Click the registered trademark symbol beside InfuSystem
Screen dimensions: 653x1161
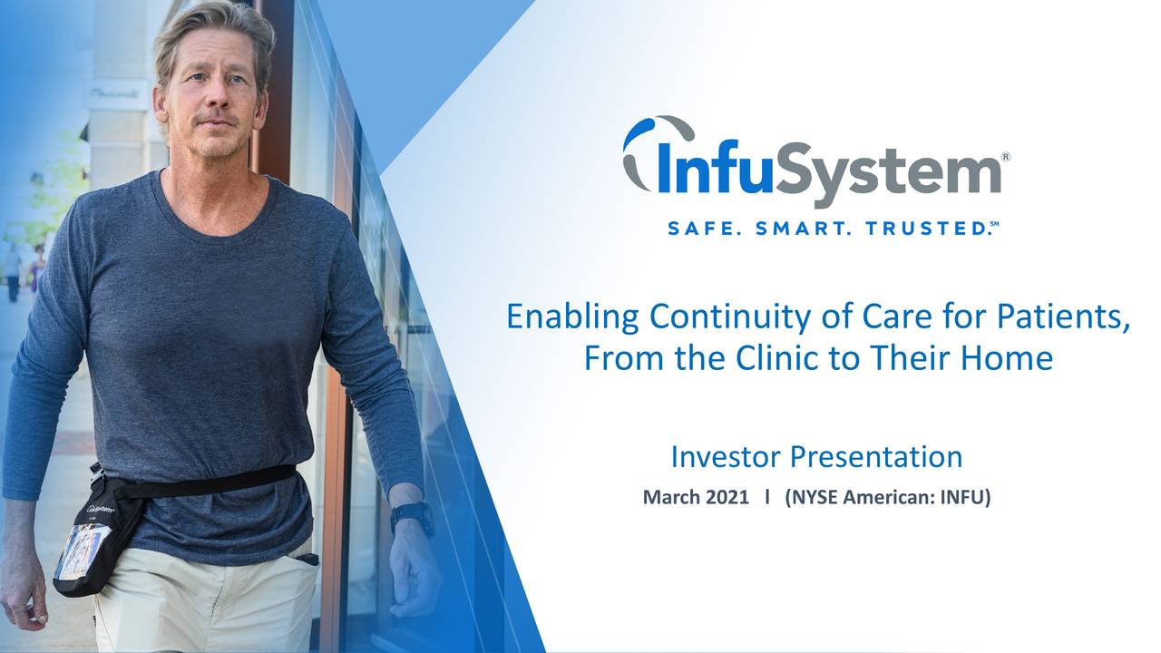[1005, 158]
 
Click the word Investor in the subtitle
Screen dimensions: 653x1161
[727, 456]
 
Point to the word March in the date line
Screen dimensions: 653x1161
[672, 497]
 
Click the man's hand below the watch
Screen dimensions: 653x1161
[415, 571]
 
